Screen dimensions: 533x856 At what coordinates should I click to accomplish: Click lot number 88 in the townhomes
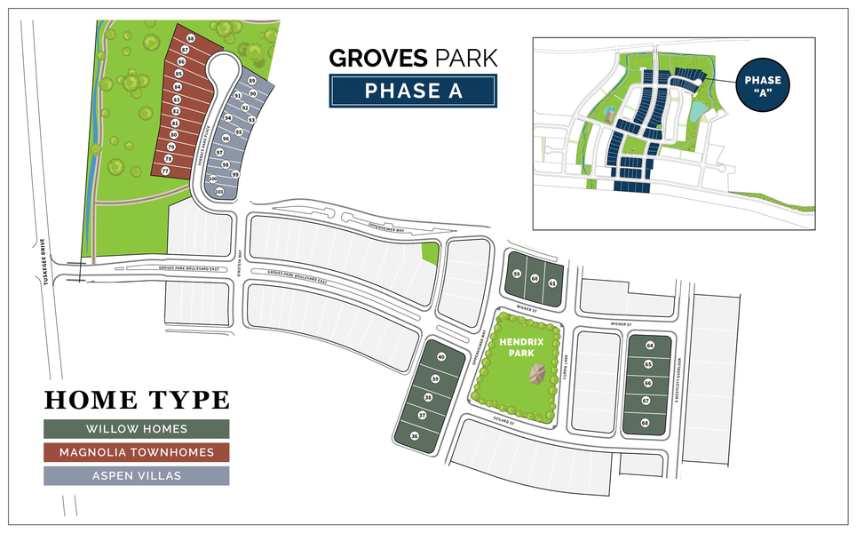(x=190, y=38)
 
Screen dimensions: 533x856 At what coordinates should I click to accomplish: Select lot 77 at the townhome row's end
(x=164, y=170)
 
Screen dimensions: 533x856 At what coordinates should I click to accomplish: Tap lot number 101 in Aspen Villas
(x=218, y=190)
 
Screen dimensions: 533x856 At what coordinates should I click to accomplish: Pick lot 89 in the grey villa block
(x=252, y=81)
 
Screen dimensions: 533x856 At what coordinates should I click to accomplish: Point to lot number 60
(x=535, y=279)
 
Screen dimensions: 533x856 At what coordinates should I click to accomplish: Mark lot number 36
(x=415, y=436)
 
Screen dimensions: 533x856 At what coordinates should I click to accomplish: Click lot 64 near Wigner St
(x=650, y=345)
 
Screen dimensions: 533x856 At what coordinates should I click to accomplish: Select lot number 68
(x=645, y=422)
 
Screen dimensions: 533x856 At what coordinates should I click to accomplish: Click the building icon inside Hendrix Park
(x=536, y=375)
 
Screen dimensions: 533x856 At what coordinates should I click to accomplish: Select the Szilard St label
(x=505, y=423)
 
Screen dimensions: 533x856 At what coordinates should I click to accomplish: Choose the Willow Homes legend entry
(x=137, y=428)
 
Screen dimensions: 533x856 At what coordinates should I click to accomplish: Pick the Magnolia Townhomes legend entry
(x=137, y=452)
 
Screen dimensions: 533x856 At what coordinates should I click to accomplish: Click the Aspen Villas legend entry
(x=137, y=476)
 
